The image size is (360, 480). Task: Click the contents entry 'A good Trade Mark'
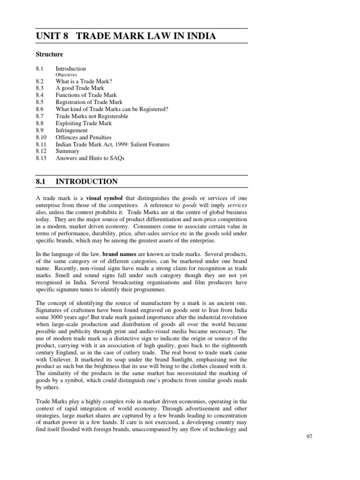click(x=80, y=88)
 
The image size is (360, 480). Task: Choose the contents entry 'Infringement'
click(x=71, y=130)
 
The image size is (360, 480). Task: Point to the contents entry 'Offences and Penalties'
click(x=83, y=137)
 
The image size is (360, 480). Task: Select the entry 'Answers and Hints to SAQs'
click(x=90, y=158)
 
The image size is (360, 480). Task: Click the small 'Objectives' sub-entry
click(x=66, y=75)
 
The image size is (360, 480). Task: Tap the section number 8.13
click(x=41, y=158)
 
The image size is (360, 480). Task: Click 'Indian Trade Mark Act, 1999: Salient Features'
click(x=112, y=144)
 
